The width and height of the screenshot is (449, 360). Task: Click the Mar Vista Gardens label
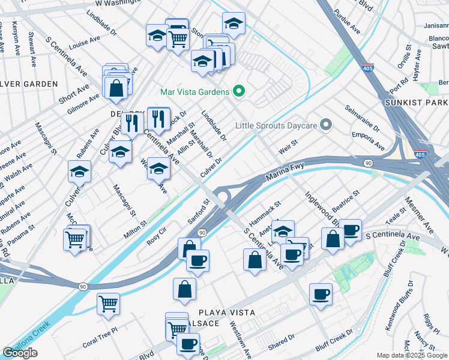(x=195, y=92)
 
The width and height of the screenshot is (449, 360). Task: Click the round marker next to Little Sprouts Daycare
(x=326, y=125)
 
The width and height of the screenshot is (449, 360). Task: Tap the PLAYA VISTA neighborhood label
(x=228, y=313)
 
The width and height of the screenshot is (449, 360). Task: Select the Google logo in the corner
(x=20, y=353)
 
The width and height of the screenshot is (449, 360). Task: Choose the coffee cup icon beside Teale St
(x=350, y=230)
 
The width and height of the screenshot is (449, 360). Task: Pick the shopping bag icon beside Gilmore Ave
(x=116, y=88)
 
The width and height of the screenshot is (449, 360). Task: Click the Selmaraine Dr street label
(x=362, y=119)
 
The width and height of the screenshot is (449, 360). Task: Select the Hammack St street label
(x=266, y=213)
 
